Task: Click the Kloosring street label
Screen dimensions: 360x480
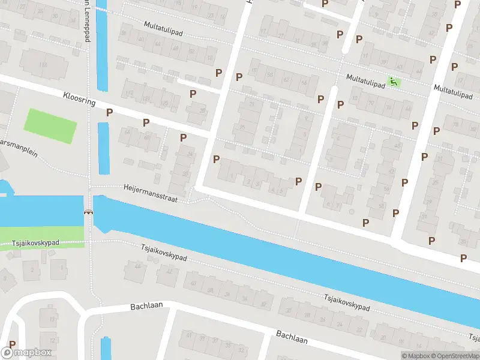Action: [79, 98]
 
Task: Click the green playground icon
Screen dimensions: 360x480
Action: [394, 82]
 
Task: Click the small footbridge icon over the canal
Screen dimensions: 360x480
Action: [89, 211]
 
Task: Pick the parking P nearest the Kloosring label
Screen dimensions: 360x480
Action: [109, 112]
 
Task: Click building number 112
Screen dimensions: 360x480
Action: [43, 64]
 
